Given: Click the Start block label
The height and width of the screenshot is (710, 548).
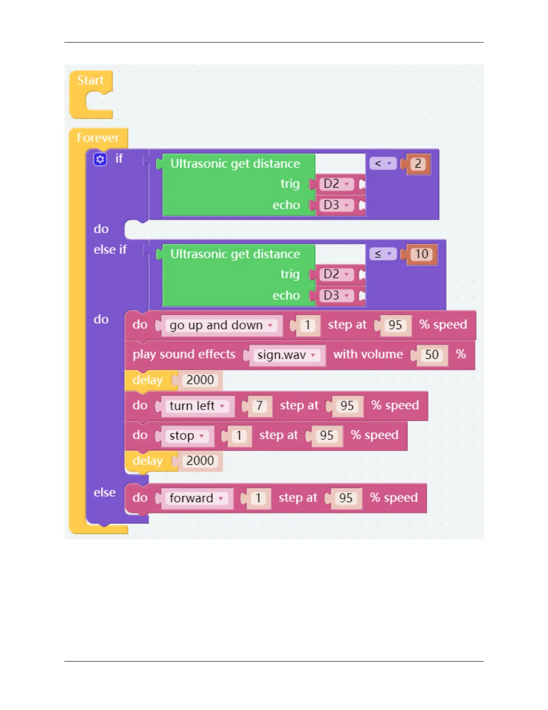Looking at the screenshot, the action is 90,80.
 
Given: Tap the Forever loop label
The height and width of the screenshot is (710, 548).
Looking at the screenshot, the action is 98,138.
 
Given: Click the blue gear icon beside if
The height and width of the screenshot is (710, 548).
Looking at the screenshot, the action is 100,159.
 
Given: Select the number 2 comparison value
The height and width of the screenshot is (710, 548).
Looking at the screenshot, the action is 418,164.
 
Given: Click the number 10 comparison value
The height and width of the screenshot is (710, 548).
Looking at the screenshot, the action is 422,254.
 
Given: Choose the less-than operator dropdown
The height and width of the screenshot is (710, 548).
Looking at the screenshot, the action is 382,164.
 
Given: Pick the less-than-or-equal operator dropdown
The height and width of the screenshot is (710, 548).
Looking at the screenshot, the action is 382,254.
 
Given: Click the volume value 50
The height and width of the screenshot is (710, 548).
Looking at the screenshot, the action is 432,355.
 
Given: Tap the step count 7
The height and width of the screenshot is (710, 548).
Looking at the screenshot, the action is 259,406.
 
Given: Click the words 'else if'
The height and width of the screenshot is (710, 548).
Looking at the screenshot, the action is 110,250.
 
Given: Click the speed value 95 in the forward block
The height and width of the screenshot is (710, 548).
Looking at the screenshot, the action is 346,498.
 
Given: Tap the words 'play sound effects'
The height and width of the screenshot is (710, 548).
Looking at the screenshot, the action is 184,355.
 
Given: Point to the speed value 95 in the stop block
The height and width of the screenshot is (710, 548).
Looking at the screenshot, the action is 326,436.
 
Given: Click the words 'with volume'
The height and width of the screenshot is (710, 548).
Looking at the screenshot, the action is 368,355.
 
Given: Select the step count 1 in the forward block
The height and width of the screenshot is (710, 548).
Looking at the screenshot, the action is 258,498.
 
